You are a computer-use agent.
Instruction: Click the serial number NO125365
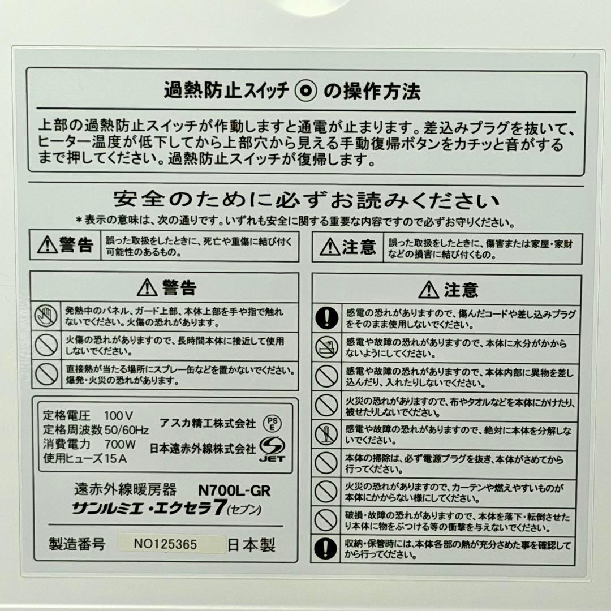pyautogui.click(x=165, y=545)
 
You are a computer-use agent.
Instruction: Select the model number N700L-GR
pyautogui.click(x=238, y=489)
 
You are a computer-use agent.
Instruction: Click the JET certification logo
pyautogui.click(x=272, y=450)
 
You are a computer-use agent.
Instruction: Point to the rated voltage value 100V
pyautogui.click(x=119, y=415)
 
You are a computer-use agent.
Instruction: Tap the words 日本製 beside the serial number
pyautogui.click(x=251, y=545)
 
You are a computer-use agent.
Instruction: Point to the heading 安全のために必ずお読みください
pyautogui.click(x=306, y=200)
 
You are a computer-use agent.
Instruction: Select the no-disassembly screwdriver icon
pyautogui.click(x=326, y=434)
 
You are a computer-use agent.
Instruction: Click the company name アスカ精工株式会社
pyautogui.click(x=208, y=423)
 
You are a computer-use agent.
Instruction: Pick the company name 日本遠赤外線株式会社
pyautogui.click(x=203, y=449)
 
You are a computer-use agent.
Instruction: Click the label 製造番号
pyautogui.click(x=77, y=545)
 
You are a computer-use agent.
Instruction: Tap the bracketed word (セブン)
pyautogui.click(x=244, y=510)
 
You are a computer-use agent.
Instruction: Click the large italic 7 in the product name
pyautogui.click(x=216, y=507)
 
